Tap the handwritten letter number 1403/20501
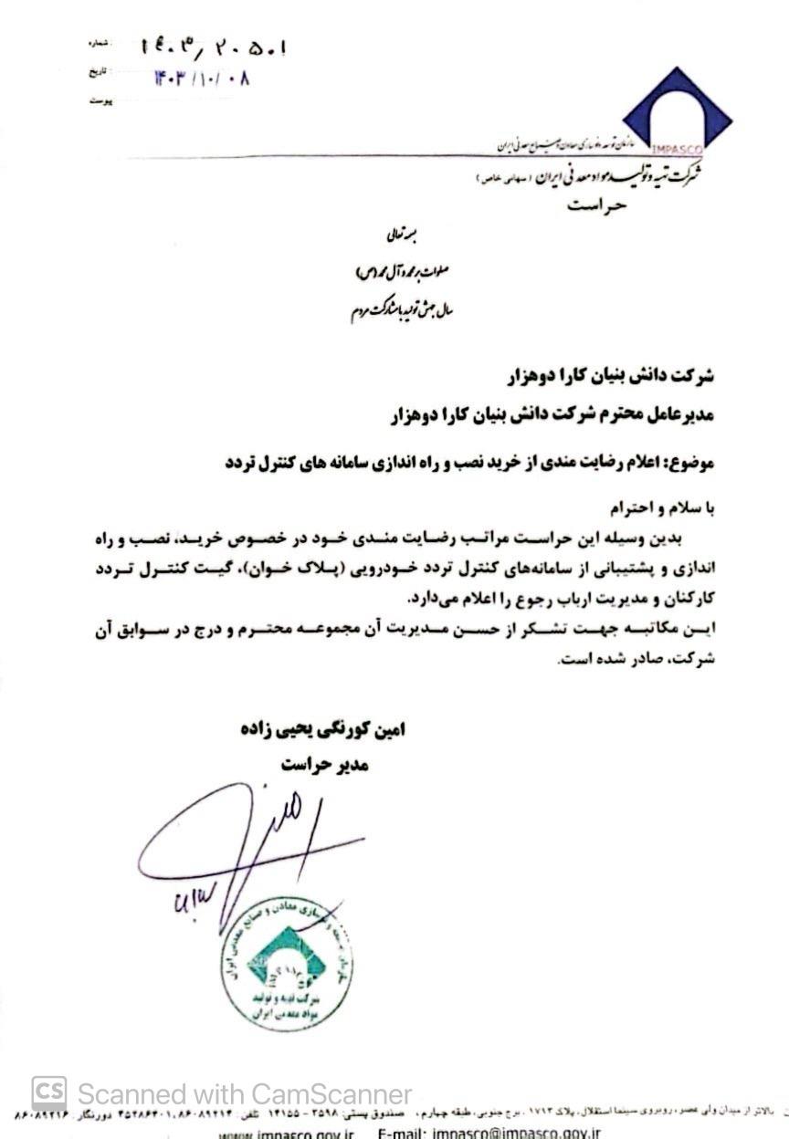point(216,47)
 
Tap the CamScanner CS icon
point(49,1093)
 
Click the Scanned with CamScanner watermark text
point(245,1094)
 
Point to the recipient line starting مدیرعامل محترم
point(549,414)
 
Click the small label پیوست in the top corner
point(101,100)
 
